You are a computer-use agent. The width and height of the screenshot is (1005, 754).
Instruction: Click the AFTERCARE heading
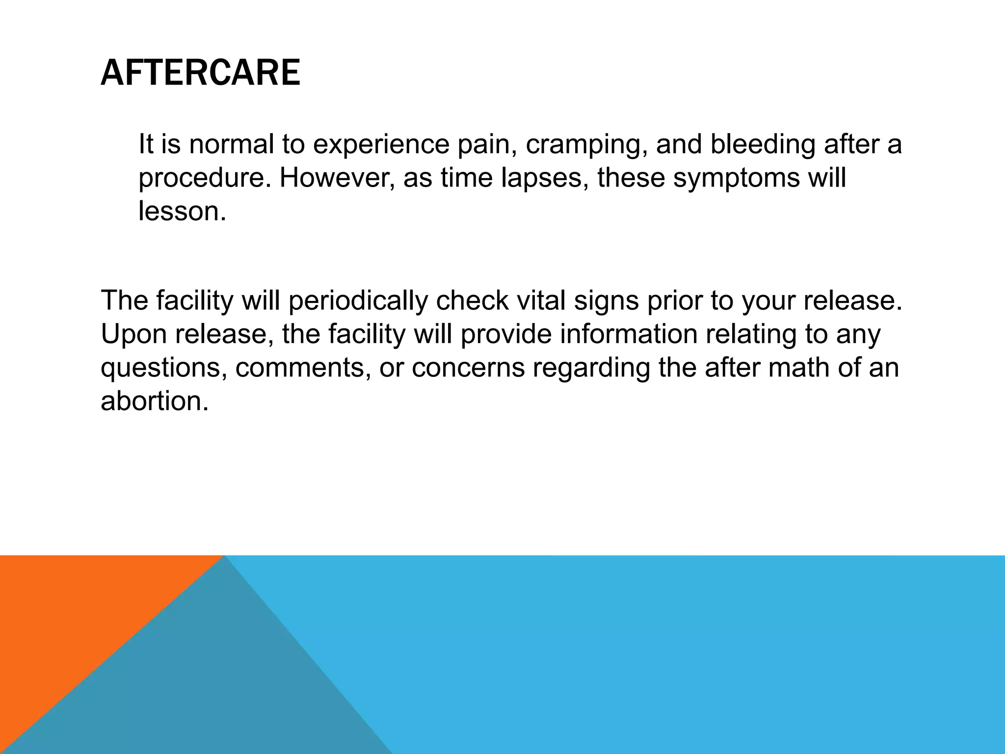(x=200, y=73)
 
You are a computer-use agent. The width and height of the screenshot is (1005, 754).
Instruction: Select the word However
(x=337, y=178)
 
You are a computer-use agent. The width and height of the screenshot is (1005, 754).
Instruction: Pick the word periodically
(x=358, y=301)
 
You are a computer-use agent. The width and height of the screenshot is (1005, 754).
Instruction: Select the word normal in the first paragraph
(x=232, y=144)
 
